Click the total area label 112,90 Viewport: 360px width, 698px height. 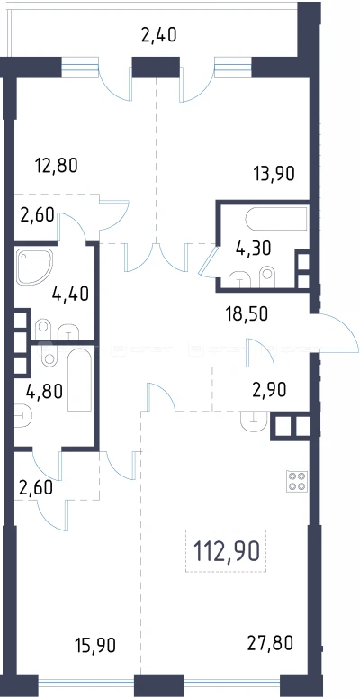[226, 551]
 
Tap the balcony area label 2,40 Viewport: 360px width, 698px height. [159, 35]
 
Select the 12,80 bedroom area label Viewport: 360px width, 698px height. [56, 166]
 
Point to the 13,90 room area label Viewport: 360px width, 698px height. [274, 173]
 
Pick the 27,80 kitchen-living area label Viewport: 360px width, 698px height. [271, 643]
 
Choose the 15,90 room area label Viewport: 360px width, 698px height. [94, 645]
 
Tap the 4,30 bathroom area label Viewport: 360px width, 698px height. [253, 249]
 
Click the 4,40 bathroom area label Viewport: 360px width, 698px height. [70, 294]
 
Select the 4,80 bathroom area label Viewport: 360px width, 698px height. [44, 391]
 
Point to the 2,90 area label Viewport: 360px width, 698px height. [267, 390]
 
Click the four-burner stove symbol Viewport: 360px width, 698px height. [297, 481]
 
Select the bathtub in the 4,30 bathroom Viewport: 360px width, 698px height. [276, 219]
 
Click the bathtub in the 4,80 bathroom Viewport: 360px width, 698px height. [80, 379]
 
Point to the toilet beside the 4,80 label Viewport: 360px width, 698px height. [22, 416]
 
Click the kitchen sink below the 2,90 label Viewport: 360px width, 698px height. [254, 421]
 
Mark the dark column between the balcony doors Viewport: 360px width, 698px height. [156, 67]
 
